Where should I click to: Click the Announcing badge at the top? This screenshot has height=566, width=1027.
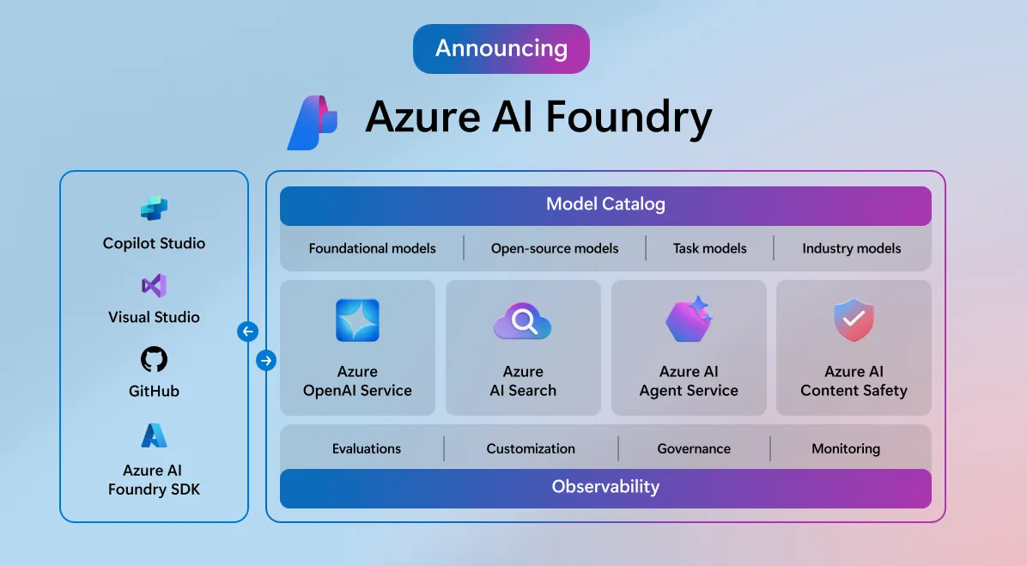tap(501, 48)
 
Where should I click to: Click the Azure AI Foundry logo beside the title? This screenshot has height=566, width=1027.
tap(312, 122)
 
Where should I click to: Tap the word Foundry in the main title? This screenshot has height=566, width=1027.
tap(629, 119)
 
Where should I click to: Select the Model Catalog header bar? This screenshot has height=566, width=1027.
tap(605, 205)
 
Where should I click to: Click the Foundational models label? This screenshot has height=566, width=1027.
tap(372, 248)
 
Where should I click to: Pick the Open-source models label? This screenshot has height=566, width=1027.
tap(555, 248)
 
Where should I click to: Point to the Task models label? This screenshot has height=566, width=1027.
tap(709, 248)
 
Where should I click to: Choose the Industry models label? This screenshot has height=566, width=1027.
tap(851, 248)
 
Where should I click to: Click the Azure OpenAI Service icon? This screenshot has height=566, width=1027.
tap(357, 320)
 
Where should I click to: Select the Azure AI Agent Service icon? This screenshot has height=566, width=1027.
tap(688, 320)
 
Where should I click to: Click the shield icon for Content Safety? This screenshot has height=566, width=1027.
tap(854, 320)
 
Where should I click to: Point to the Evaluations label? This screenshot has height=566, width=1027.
tap(367, 448)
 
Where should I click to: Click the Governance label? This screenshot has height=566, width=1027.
tap(694, 448)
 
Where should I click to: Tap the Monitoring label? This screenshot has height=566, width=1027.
tap(845, 448)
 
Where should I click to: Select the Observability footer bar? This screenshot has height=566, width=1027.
tap(605, 487)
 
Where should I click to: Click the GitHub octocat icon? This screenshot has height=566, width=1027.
tap(154, 359)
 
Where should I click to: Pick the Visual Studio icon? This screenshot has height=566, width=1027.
tap(154, 286)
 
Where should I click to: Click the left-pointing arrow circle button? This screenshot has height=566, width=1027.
tap(247, 332)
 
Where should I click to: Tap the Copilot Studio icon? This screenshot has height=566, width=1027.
tap(154, 209)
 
